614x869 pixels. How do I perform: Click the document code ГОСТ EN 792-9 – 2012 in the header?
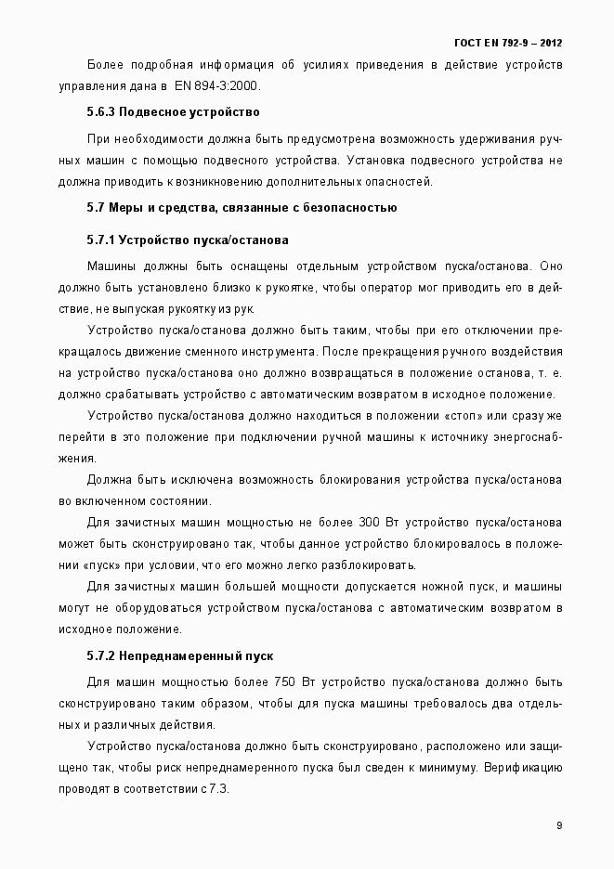tap(507, 43)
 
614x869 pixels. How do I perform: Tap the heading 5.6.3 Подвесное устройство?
tap(173, 112)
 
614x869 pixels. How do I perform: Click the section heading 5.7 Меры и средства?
tap(242, 207)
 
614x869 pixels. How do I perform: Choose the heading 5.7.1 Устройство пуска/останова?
tap(188, 240)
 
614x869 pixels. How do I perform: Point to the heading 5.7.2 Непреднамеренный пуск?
tap(179, 656)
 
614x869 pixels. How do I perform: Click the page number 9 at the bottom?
tap(559, 825)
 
